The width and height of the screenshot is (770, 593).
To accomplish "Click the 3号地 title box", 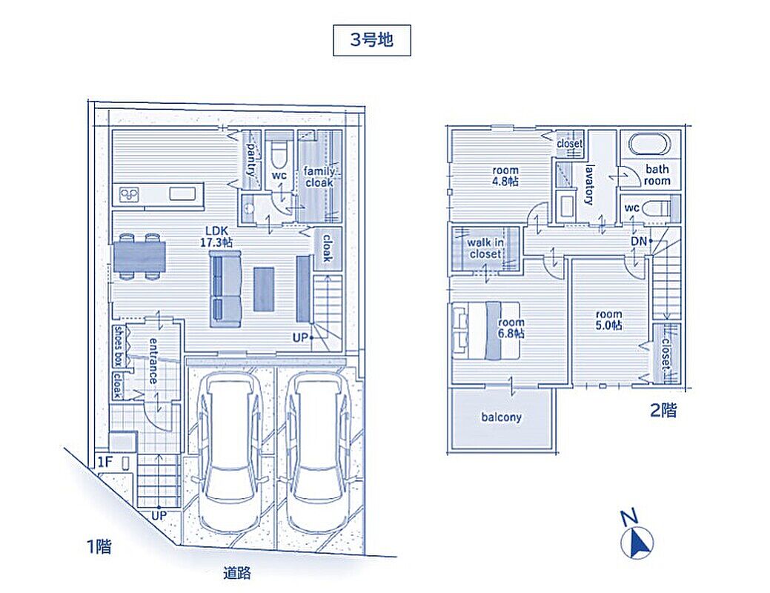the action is (x=372, y=40).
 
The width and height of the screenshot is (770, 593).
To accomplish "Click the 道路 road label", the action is (x=236, y=573).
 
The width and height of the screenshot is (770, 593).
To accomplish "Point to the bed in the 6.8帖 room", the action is (x=485, y=330).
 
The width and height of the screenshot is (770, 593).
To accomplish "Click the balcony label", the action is (x=501, y=417).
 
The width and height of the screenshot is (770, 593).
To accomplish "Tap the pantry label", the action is (x=251, y=159).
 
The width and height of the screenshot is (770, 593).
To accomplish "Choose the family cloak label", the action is (x=319, y=177).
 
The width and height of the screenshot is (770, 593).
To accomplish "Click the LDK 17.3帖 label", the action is (x=216, y=236).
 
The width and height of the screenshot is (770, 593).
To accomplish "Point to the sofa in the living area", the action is (x=225, y=289).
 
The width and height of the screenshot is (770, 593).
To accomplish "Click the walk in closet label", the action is (x=485, y=248).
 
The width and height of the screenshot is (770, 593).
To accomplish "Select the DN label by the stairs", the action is (x=638, y=241).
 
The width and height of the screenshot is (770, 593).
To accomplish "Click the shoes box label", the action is (x=119, y=346).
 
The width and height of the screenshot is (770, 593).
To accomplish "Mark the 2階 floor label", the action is (x=663, y=410).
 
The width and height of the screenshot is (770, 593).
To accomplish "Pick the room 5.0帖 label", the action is (x=609, y=319).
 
